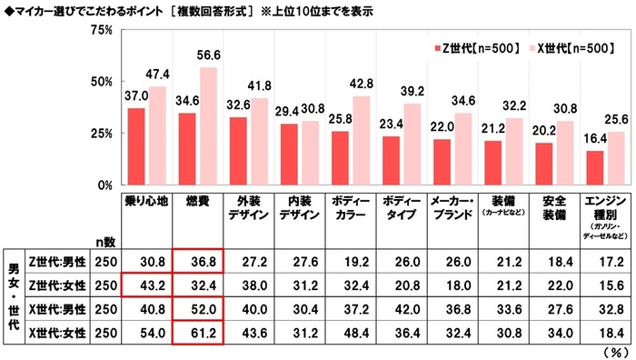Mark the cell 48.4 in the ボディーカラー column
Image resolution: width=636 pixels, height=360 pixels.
click(x=354, y=335)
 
